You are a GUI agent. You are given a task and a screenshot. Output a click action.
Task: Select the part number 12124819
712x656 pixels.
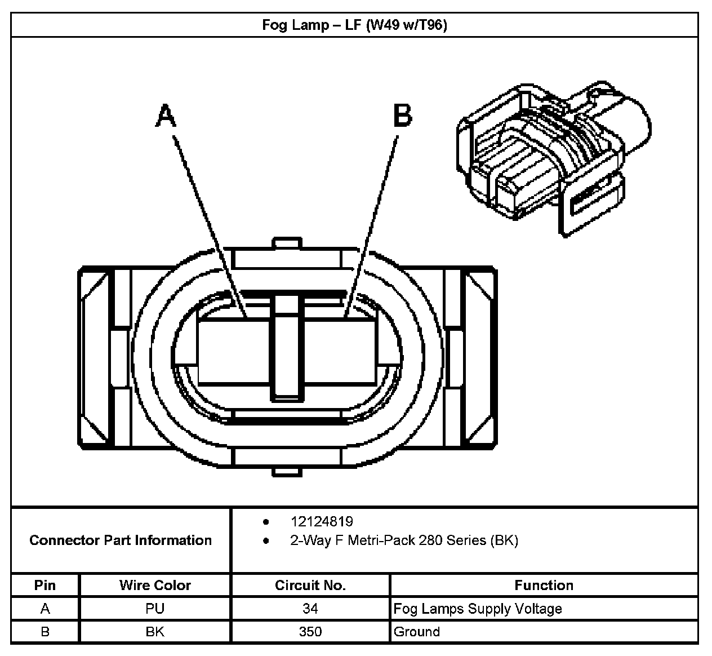coord(322,521)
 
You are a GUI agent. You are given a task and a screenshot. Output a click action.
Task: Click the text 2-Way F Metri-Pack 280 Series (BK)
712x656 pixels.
coord(404,540)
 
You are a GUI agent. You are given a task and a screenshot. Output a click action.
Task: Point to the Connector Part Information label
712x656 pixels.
coord(121,540)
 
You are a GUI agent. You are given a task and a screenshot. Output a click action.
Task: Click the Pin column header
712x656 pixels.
coord(45,585)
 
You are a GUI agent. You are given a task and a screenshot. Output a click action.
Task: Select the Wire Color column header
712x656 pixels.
coord(155,585)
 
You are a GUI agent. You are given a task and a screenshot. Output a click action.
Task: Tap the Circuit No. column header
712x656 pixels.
coord(310,585)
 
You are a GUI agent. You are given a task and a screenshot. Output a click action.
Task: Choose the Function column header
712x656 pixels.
coord(544,585)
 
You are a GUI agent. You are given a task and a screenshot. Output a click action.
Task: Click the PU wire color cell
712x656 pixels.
coord(155,609)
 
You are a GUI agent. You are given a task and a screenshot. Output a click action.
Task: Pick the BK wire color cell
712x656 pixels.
coord(155,632)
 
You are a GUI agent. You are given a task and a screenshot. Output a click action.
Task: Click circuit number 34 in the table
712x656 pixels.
coord(310,609)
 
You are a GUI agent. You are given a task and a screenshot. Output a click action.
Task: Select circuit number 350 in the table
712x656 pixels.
coord(310,632)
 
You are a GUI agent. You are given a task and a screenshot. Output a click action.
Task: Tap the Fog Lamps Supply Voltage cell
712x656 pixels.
coord(478,609)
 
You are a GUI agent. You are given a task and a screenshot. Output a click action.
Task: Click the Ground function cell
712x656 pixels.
coord(417,632)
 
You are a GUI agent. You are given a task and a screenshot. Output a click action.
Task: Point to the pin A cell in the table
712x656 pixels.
coord(45,609)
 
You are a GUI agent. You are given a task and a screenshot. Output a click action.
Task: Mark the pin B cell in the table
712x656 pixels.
coord(45,632)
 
